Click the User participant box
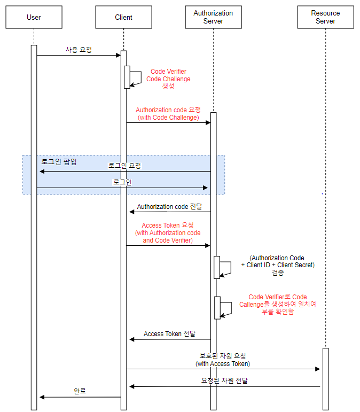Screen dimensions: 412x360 (34, 17)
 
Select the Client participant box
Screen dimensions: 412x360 (123, 17)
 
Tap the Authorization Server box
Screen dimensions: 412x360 (213, 17)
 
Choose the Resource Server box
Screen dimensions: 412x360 (325, 17)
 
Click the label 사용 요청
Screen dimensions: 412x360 (79, 50)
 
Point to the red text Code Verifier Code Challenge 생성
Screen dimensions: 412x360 (168, 79)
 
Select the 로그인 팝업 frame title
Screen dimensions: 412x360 (59, 161)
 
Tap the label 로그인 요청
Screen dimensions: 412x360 (124, 166)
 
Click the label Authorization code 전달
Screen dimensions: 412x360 (169, 206)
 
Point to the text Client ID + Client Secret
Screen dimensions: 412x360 (278, 265)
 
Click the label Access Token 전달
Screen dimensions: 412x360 (169, 333)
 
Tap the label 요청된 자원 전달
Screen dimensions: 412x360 (224, 380)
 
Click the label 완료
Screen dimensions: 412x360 (80, 391)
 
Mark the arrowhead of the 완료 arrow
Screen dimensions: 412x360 (42, 397)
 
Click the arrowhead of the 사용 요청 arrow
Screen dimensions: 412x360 (119, 55)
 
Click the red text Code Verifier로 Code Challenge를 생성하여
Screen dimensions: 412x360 (278, 301)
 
